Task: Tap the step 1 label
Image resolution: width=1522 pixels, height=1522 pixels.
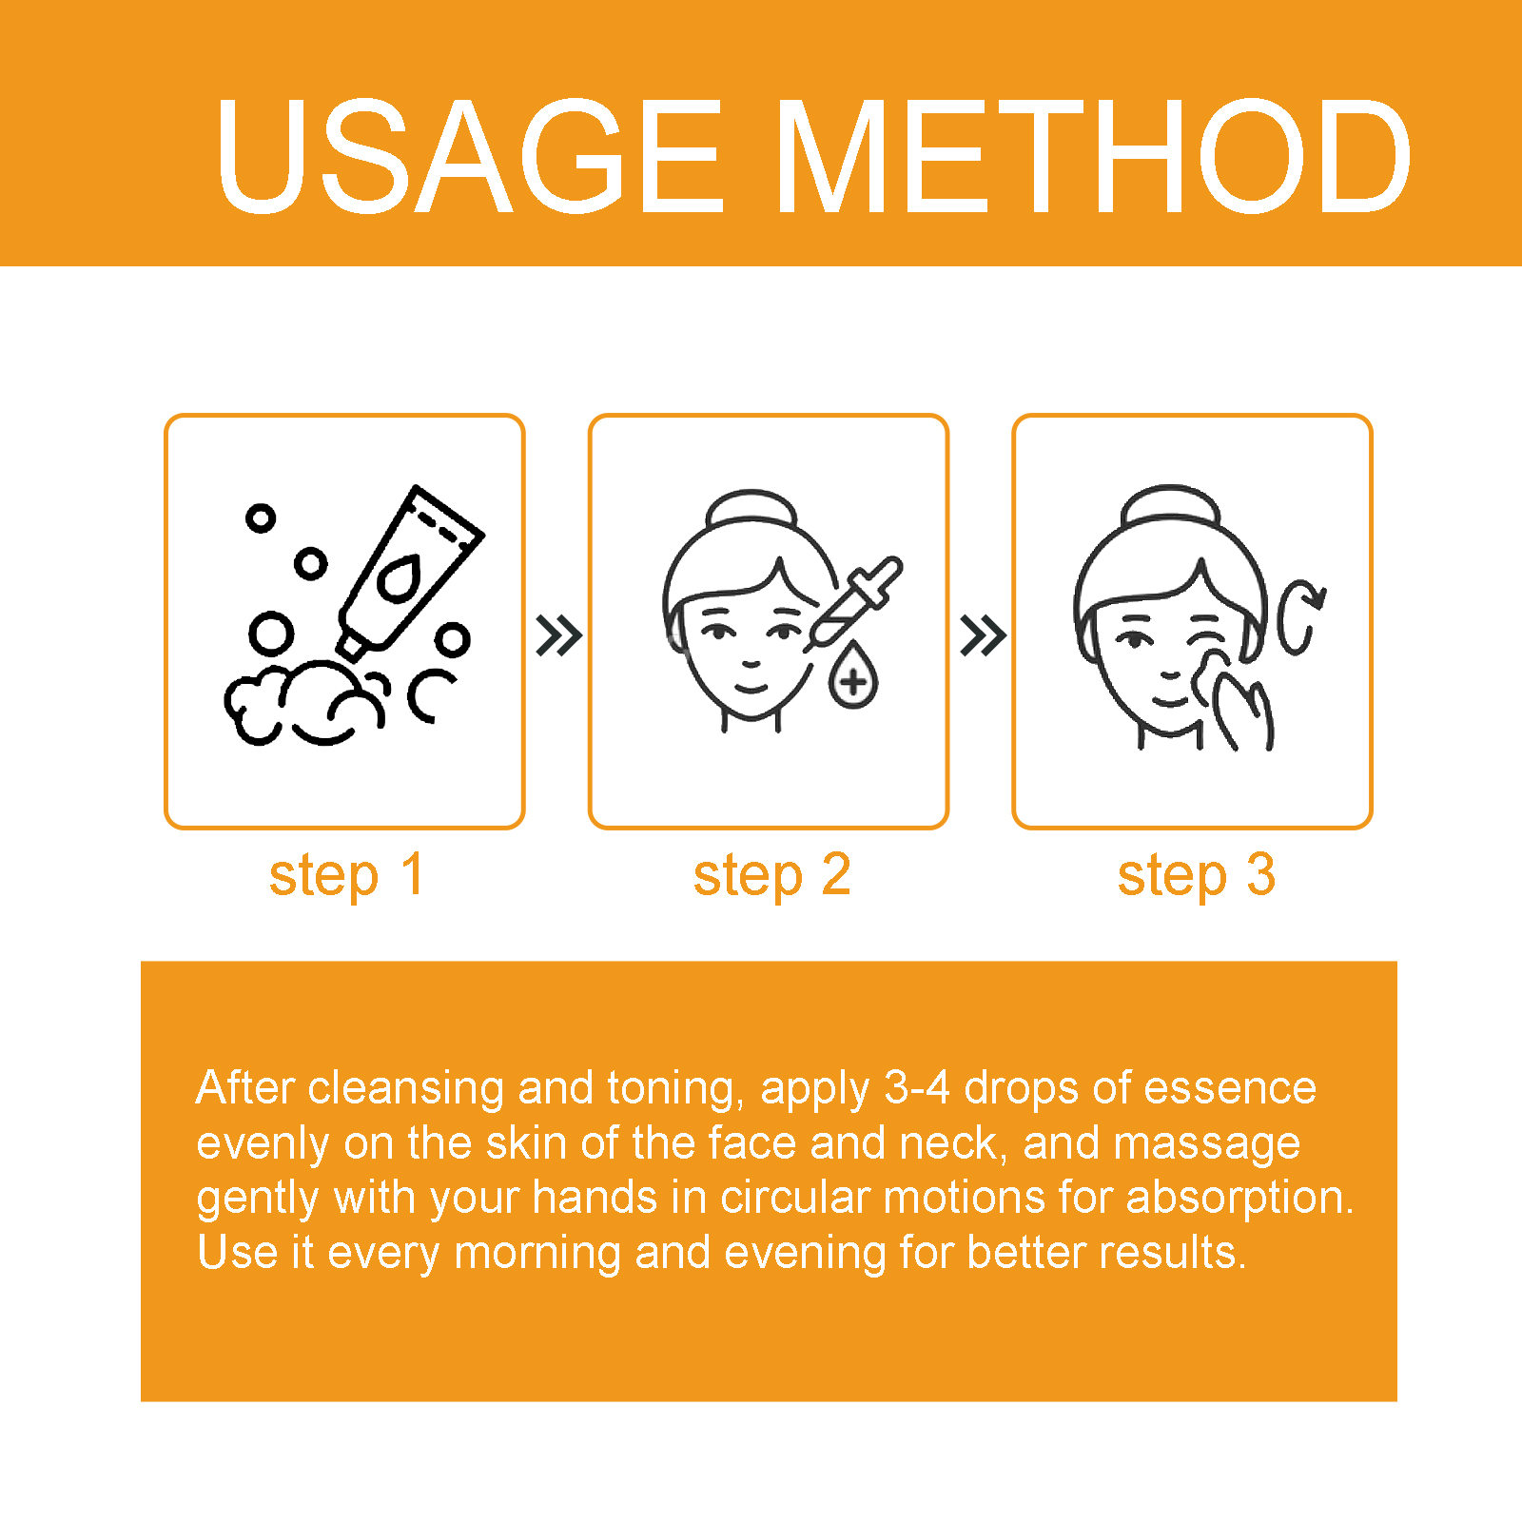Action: pyautogui.click(x=346, y=876)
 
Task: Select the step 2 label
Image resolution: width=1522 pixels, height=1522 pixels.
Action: pyautogui.click(x=771, y=876)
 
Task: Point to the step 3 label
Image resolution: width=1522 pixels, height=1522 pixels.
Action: pyautogui.click(x=1196, y=876)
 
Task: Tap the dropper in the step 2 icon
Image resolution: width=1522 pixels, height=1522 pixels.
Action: pyautogui.click(x=853, y=603)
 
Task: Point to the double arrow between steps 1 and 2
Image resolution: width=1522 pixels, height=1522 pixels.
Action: pyautogui.click(x=558, y=635)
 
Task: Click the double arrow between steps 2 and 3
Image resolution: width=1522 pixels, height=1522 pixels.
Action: pyautogui.click(x=983, y=635)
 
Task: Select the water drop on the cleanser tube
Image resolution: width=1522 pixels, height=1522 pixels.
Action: pyautogui.click(x=400, y=577)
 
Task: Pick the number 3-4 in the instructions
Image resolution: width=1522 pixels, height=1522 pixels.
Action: pyautogui.click(x=917, y=1087)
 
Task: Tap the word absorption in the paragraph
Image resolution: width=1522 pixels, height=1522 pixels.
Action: pyautogui.click(x=1239, y=1199)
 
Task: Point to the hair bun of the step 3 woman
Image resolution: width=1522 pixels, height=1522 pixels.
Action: pyautogui.click(x=1170, y=505)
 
